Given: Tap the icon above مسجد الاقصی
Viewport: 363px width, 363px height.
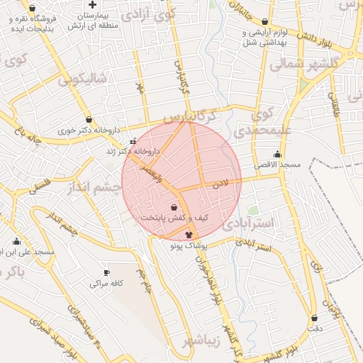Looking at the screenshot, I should pyautogui.click(x=277, y=154).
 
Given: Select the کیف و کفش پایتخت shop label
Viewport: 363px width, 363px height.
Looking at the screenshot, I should pyautogui.click(x=174, y=218).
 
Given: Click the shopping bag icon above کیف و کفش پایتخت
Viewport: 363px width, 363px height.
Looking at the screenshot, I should pyautogui.click(x=174, y=208).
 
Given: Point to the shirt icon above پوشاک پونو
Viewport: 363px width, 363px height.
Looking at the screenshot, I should pyautogui.click(x=189, y=234).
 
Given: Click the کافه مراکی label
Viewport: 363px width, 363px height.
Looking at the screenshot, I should pyautogui.click(x=107, y=283).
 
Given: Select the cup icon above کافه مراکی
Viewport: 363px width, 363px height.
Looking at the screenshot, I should pyautogui.click(x=106, y=272).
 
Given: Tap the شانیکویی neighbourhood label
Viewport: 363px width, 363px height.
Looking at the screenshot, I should pyautogui.click(x=82, y=79).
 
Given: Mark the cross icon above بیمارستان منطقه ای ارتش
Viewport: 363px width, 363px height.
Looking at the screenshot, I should pyautogui.click(x=93, y=4).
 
